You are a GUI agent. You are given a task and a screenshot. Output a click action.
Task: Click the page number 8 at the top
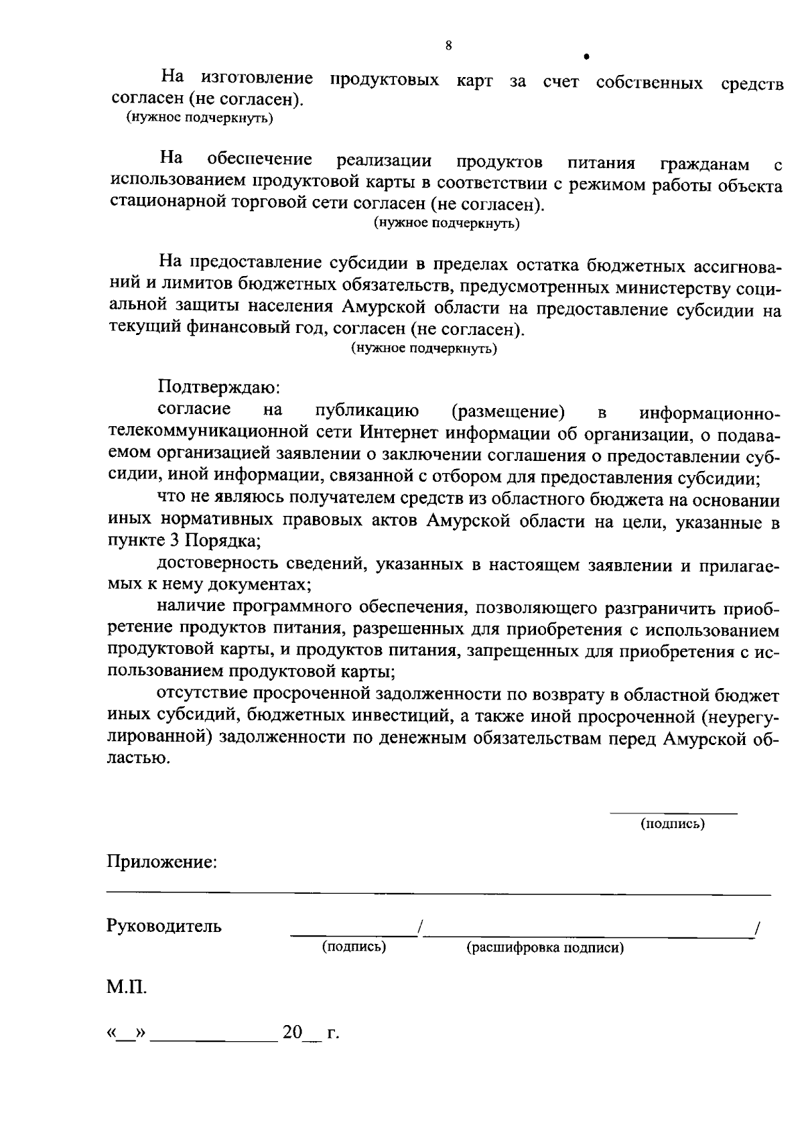[448, 46]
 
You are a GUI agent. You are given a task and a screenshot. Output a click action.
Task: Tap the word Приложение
[161, 862]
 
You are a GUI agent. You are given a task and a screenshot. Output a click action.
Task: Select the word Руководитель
[164, 927]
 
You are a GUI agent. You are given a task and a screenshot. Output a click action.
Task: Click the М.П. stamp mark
[126, 987]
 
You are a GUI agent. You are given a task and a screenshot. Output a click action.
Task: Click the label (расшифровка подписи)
[545, 948]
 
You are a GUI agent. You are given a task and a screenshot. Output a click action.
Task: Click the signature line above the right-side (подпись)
[673, 813]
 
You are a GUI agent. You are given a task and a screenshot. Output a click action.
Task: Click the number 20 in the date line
[292, 1032]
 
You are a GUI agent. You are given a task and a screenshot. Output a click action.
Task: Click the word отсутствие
[197, 693]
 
